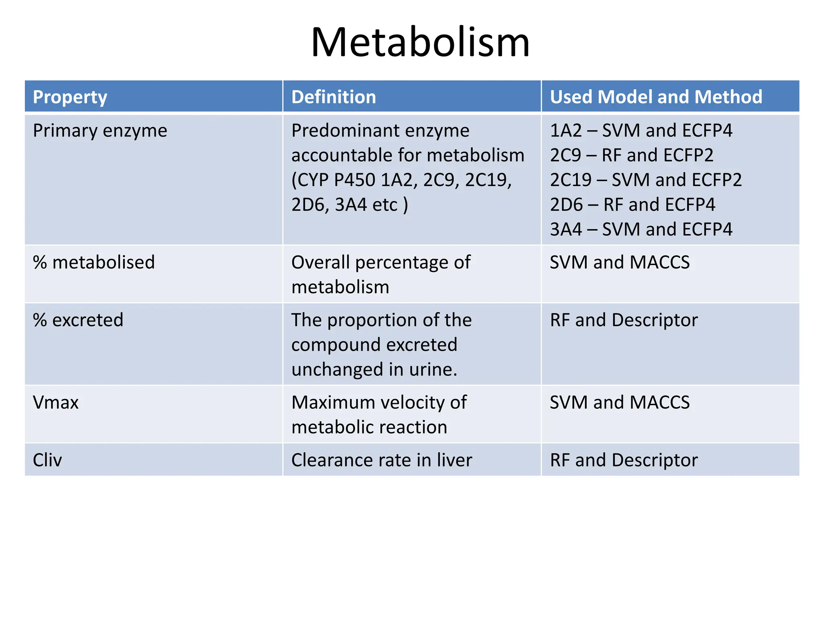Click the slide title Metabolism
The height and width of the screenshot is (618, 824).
pos(420,42)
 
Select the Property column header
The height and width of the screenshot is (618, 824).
pos(70,97)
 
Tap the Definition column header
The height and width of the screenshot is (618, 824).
pos(334,97)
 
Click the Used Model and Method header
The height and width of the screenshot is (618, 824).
pos(656,97)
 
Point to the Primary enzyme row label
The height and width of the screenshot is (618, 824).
pos(100,131)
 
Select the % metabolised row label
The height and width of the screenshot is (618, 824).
pos(94,262)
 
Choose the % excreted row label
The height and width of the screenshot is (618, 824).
pos(78,320)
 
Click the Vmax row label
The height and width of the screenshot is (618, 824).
pos(56,402)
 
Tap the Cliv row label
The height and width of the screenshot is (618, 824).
pos(47,460)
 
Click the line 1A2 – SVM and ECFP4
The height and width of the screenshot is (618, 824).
pos(641,130)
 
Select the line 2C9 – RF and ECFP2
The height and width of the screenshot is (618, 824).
pos(632,155)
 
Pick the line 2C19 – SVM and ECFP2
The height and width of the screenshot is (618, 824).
pos(646,180)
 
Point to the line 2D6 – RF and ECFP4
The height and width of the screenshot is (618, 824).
pos(632,205)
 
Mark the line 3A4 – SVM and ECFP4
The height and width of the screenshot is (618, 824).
pos(641,229)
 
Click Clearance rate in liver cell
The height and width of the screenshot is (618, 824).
pos(382,460)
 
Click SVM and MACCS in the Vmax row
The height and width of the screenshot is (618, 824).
pos(620,402)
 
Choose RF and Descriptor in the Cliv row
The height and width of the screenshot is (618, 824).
pos(624,460)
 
